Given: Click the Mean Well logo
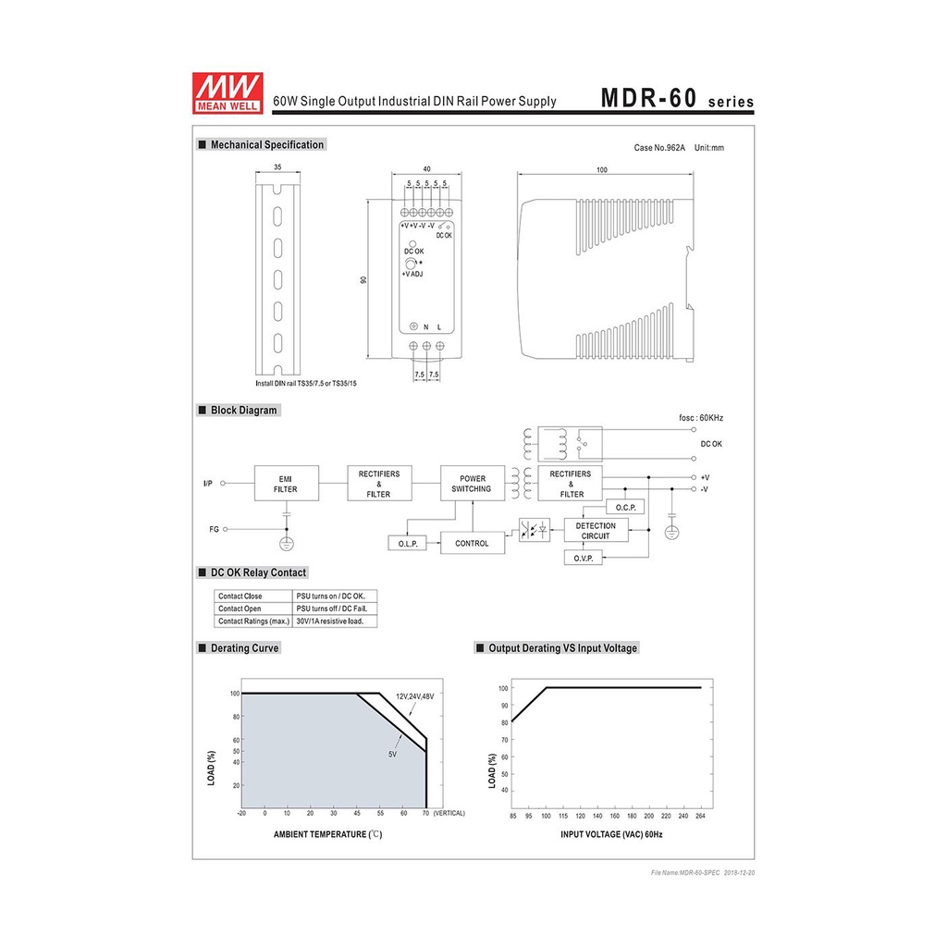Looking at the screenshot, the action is (x=228, y=92).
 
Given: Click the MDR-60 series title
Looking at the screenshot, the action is (x=677, y=98).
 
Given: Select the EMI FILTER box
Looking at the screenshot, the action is (x=287, y=483).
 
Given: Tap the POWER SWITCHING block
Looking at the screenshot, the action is (x=473, y=483).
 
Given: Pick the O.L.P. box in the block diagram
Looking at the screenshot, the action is (x=408, y=543).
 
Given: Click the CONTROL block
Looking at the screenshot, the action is (x=473, y=543).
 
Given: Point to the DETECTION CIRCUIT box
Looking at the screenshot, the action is (x=596, y=530).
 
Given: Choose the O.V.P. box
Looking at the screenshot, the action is (x=584, y=558).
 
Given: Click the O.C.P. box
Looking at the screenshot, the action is (x=625, y=507).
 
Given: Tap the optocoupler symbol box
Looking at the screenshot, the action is (x=535, y=530).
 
